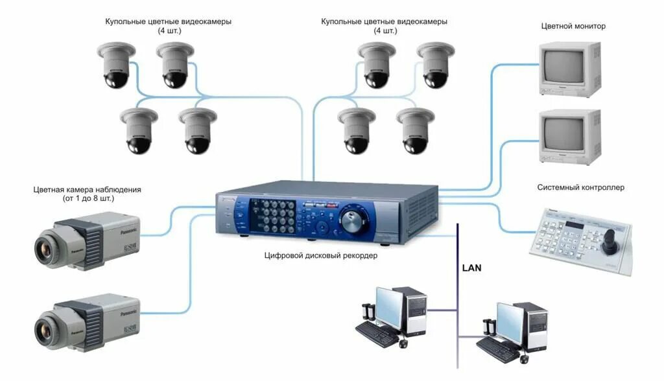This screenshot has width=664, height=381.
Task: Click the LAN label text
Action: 471,267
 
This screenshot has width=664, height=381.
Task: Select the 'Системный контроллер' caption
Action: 580,188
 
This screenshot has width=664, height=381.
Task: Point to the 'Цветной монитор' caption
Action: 573,27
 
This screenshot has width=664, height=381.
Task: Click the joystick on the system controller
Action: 611,244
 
